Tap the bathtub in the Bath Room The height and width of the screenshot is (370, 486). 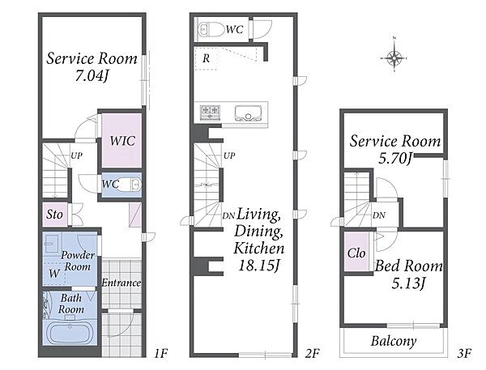tap(70, 333)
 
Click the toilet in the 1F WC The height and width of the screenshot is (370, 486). tap(130, 185)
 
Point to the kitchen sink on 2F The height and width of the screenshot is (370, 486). tap(248, 113)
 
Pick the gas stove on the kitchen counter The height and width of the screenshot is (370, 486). tap(211, 113)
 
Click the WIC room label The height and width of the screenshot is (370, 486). tap(122, 141)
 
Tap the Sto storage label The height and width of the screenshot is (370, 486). tap(54, 214)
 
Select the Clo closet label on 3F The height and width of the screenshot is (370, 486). tap(356, 253)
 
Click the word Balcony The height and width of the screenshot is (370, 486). tap(394, 341)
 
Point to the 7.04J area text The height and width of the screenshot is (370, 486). tap(92, 75)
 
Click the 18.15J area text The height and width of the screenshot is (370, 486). tap(259, 266)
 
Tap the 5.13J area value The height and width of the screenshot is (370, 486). tap(408, 283)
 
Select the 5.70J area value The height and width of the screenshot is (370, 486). tap(395, 159)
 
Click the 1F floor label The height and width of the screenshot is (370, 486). tap(160, 353)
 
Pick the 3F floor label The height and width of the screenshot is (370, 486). tap(464, 353)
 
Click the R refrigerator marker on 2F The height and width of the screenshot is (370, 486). tap(206, 58)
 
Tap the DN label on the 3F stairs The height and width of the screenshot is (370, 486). tap(379, 215)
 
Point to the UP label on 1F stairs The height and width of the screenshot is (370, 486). tap(76, 155)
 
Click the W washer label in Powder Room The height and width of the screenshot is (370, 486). tap(54, 274)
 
